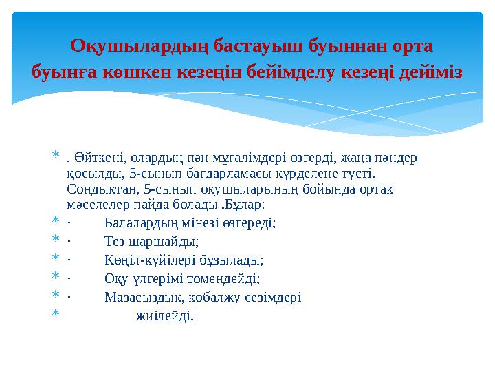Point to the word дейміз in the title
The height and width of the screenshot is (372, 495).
pos(429,71)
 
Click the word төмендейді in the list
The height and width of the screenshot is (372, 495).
pos(225,279)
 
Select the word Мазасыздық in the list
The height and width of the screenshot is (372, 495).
pos(144,298)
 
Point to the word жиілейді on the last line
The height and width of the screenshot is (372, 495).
pos(165,316)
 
